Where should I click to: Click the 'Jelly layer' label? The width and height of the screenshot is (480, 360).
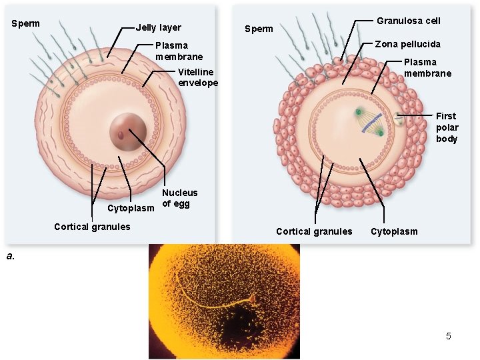[159, 28]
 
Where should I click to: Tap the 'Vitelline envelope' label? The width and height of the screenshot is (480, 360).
[198, 77]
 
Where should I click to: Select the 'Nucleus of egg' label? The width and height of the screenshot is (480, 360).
[179, 198]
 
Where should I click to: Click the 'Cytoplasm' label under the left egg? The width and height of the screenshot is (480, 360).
[131, 208]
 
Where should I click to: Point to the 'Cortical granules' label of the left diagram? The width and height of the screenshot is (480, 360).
[92, 227]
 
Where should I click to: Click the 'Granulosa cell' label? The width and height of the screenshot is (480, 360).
[408, 21]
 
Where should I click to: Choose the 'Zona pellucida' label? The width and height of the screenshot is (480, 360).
[407, 44]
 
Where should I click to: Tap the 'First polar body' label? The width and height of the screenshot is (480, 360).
[447, 127]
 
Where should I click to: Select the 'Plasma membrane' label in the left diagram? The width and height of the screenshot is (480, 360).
[179, 51]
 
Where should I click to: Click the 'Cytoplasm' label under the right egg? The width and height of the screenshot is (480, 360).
[394, 231]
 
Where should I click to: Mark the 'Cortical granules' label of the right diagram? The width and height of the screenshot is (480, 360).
[314, 231]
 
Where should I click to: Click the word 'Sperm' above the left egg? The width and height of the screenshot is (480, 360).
[26, 24]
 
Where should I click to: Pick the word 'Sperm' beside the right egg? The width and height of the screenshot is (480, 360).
[259, 29]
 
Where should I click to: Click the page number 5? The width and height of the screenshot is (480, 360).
[449, 336]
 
